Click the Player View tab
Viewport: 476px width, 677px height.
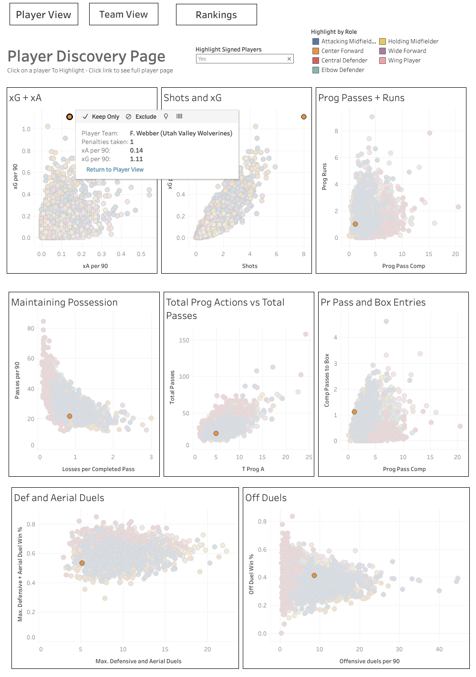(43, 15)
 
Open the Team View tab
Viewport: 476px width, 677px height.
(124, 15)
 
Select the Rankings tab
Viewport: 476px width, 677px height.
(216, 15)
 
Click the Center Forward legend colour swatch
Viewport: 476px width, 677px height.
(315, 51)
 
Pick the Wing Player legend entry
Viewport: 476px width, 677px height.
(404, 61)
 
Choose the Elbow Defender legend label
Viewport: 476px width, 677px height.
(342, 70)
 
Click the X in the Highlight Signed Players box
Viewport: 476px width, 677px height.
(289, 59)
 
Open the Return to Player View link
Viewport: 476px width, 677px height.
(115, 170)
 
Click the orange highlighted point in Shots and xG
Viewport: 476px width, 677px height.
(304, 117)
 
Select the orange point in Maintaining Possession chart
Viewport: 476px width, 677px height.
(70, 416)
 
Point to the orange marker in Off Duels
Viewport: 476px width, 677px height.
(314, 575)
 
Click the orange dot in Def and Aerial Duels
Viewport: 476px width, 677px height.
(82, 563)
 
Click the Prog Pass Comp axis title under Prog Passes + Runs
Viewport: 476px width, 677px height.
(404, 266)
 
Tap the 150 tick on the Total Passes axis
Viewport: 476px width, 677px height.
(184, 340)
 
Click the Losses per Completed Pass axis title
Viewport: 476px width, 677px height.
(98, 469)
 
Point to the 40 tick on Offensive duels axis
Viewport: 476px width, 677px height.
(439, 649)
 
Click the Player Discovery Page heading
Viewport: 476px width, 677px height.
(86, 56)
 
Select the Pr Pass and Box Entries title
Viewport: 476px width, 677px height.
(373, 302)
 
